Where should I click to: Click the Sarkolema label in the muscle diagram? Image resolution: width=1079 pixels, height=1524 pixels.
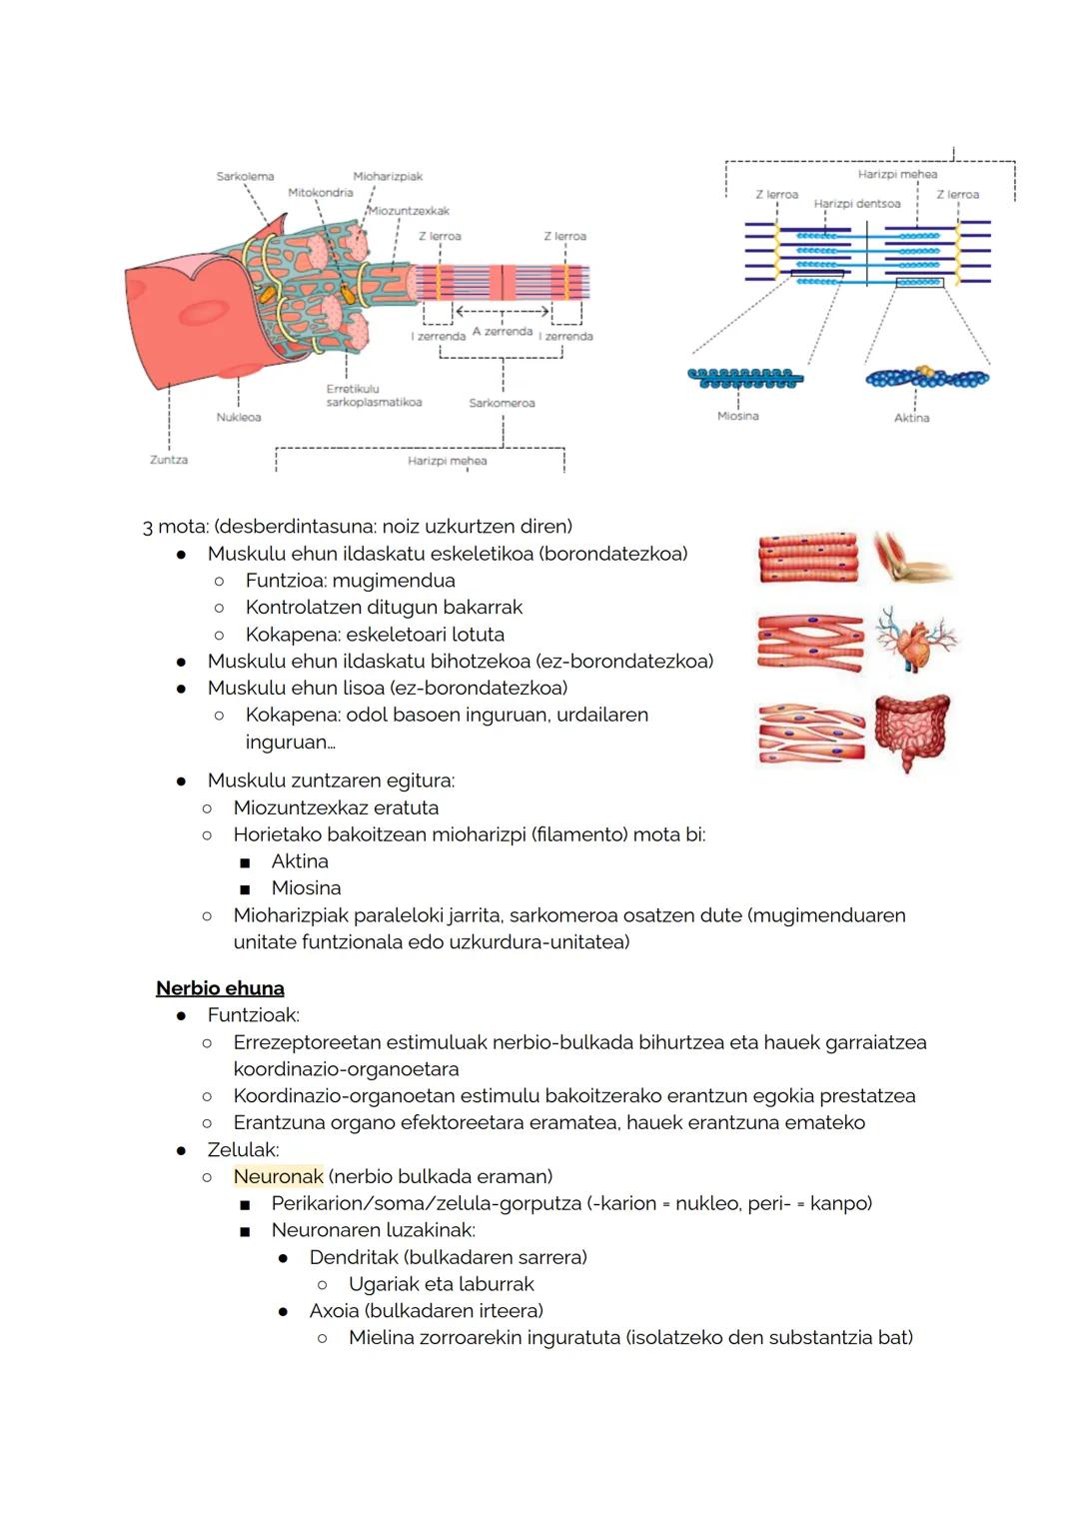click(x=245, y=177)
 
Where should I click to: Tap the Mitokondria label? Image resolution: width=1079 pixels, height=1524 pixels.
click(x=320, y=193)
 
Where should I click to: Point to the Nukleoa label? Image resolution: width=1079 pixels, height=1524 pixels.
click(x=239, y=417)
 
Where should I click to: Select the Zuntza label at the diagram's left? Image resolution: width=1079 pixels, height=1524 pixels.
click(x=169, y=460)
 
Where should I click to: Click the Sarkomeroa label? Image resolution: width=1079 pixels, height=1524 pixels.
click(x=502, y=403)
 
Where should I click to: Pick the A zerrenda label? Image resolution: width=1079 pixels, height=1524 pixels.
click(x=502, y=331)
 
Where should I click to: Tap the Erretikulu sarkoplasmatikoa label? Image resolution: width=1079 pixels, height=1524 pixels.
click(x=374, y=396)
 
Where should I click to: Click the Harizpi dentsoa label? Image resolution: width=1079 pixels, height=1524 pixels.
click(x=856, y=204)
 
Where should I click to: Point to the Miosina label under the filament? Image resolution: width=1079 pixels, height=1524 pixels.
click(x=737, y=416)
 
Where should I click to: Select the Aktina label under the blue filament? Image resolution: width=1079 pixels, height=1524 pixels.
click(x=911, y=418)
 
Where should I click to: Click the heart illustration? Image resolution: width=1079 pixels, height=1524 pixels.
click(x=913, y=641)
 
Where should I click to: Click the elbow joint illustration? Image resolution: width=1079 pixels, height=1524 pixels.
click(x=911, y=557)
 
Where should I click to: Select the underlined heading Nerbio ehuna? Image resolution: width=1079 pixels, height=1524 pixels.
click(x=220, y=988)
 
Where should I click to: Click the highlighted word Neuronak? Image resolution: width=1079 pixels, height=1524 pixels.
click(x=278, y=1176)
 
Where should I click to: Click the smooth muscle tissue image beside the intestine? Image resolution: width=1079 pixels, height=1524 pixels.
click(x=810, y=733)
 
